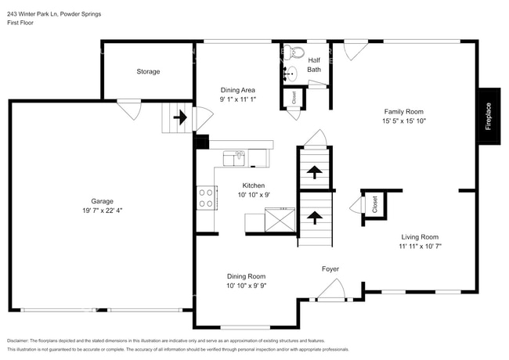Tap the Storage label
tap(148, 71)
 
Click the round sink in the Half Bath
tap(291, 74)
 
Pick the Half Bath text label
tap(313, 65)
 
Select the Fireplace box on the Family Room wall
tap(488, 115)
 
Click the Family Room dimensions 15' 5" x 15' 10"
tap(403, 121)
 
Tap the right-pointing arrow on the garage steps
tap(179, 118)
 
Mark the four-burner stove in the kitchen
tap(207, 197)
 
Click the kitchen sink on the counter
tap(235, 159)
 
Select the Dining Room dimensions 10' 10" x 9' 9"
tap(247, 286)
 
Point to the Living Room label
tap(420, 236)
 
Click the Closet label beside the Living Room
tap(374, 205)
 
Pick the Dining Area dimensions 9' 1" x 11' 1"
tap(237, 100)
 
